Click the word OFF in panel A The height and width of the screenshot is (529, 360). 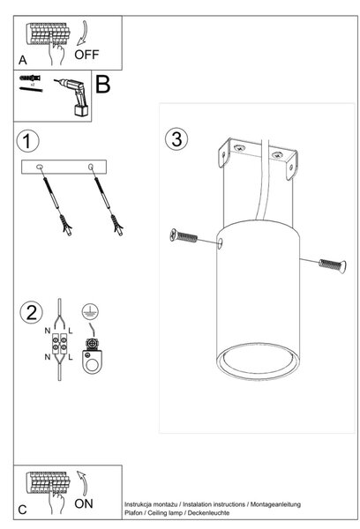pos(86,55)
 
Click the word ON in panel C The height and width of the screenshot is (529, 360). pos(84,503)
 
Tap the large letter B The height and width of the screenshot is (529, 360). pos(103,84)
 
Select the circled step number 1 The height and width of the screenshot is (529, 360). pos(27,141)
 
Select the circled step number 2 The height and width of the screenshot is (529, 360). pos(32,312)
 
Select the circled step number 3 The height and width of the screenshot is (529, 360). pos(176,139)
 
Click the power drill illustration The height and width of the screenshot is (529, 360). pos(73,97)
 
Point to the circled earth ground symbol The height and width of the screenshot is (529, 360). pos(90,311)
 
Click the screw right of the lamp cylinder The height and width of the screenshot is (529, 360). pos(333,265)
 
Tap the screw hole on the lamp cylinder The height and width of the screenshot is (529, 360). pos(221,243)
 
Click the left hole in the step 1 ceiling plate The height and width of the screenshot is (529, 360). pos(40,167)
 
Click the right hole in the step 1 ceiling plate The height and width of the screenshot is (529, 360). pos(91,167)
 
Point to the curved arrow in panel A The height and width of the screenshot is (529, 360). pos(83,34)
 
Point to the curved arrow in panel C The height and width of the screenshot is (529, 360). pos(82,483)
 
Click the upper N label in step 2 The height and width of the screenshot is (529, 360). pos(48,331)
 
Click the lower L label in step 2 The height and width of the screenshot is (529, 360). pos(71,357)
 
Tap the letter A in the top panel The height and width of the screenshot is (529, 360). pos(23,60)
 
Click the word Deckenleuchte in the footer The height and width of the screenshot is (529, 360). pos(208,513)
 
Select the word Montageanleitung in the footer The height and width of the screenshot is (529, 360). pos(275,504)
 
